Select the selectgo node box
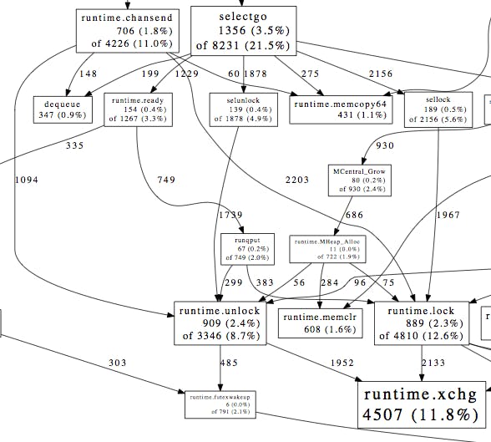point(243,30)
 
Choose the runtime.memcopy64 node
point(328,109)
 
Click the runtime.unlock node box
point(220,323)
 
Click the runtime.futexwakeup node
point(221,404)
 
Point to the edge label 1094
point(27,180)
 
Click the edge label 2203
point(296,180)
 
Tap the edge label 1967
point(448,215)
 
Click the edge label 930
point(384,145)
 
